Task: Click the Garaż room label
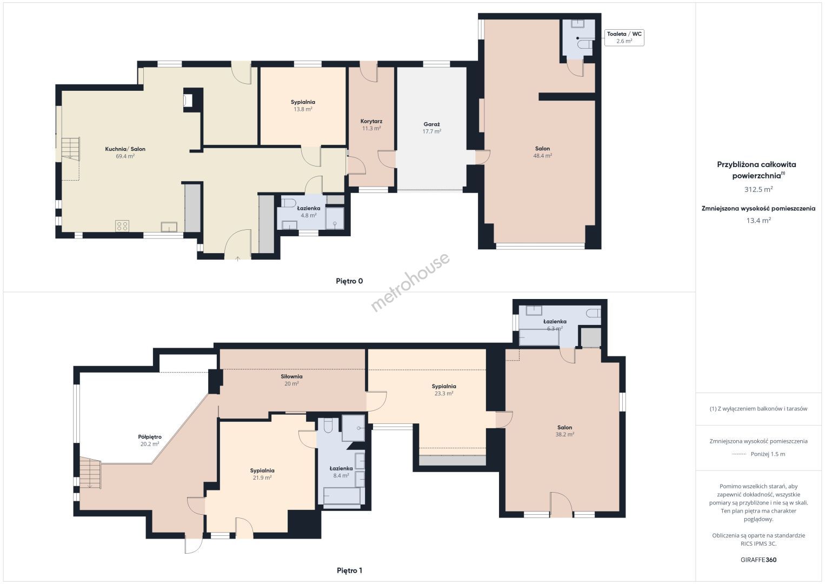point(431,124)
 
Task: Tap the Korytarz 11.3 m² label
point(371,124)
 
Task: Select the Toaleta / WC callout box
point(624,38)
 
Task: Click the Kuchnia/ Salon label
point(125,149)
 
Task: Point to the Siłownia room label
point(291,376)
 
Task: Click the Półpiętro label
point(150,437)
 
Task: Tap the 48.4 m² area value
point(542,156)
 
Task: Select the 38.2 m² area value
point(564,434)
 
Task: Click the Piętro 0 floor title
point(349,281)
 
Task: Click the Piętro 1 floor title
point(349,570)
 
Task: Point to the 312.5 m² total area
point(759,189)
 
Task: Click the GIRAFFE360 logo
point(759,560)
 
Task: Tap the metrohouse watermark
point(410,282)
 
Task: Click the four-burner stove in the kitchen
point(122,226)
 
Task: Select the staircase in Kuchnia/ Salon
point(70,149)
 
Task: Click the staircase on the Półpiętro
point(91,473)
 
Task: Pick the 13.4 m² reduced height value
point(759,220)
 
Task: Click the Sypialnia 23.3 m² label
point(444,390)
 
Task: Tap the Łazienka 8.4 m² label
point(341,472)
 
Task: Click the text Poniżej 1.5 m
point(768,454)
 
